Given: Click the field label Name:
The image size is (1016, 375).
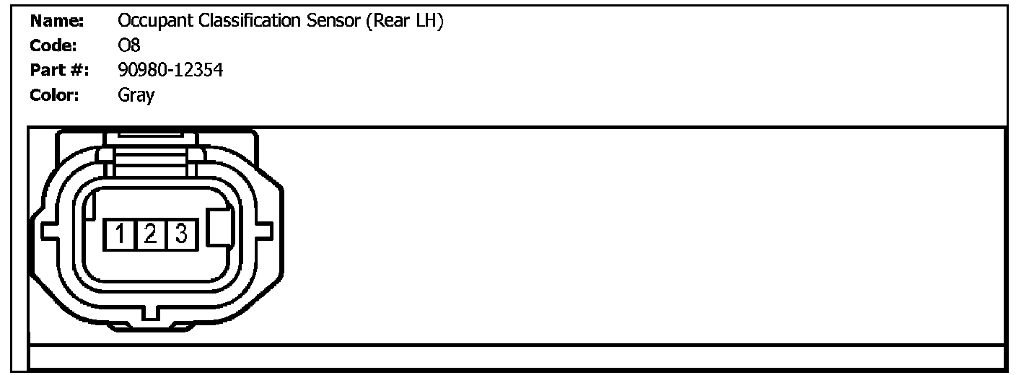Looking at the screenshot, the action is pos(57,22).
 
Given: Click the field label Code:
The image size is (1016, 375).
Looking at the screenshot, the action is pos(55,46).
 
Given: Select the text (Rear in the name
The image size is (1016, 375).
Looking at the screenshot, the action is pos(387,22).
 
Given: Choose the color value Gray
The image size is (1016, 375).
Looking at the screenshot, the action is pos(136,95).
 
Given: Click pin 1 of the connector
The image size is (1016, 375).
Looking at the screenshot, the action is pos(121,234).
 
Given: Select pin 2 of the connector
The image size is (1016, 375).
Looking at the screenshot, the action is pos(151,234).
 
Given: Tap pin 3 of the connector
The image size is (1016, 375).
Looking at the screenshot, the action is pos(181,234).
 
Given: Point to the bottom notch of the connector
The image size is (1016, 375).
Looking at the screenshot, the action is pos(151,314).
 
